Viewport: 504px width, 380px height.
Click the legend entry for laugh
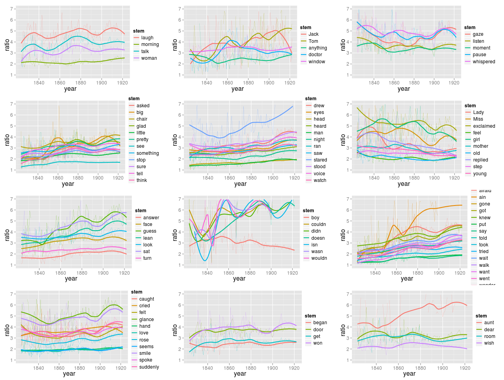(147, 38)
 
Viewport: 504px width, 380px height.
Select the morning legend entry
(150, 44)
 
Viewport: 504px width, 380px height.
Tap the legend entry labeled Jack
(313, 34)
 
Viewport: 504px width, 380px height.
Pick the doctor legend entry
(315, 55)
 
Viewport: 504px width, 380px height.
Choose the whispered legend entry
(484, 62)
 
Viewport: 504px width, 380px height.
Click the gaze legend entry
(478, 34)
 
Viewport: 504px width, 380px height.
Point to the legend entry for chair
(142, 119)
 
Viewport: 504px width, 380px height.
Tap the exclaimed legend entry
(484, 126)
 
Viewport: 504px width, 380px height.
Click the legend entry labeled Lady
(478, 112)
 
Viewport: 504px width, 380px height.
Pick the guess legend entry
(150, 231)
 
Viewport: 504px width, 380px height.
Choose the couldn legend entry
(318, 224)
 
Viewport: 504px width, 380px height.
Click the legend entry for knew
(485, 218)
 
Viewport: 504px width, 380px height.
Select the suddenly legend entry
(149, 367)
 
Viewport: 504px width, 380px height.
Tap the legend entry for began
(320, 323)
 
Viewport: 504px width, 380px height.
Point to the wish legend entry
(489, 343)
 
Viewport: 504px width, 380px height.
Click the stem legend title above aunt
(481, 316)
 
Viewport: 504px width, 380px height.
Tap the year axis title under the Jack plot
(237, 89)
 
